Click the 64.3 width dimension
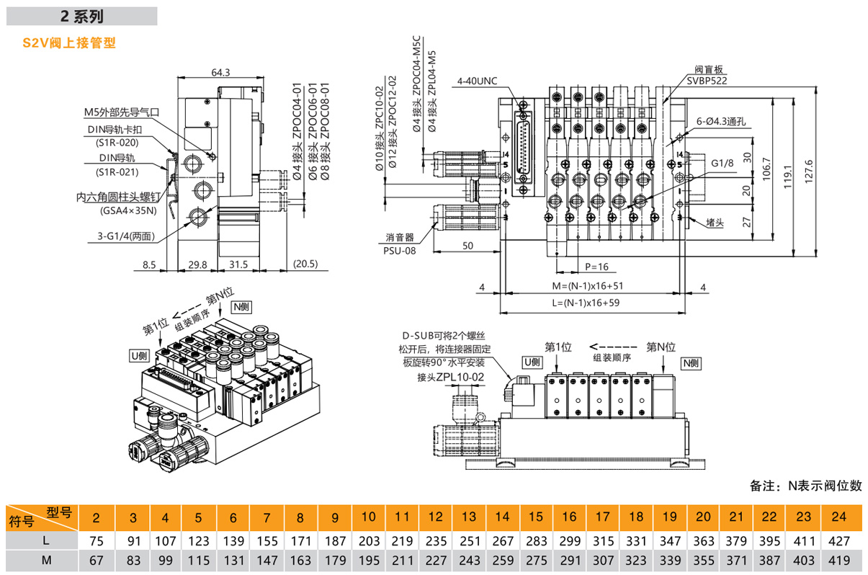[220, 72]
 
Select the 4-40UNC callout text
[477, 81]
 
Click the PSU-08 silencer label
[400, 251]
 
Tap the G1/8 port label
[722, 164]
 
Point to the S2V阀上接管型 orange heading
[69, 43]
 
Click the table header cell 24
[838, 517]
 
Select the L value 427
[838, 540]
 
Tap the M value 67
[99, 560]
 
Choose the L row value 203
[368, 540]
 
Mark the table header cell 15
[535, 517]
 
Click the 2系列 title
[83, 15]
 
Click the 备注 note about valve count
[805, 486]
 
